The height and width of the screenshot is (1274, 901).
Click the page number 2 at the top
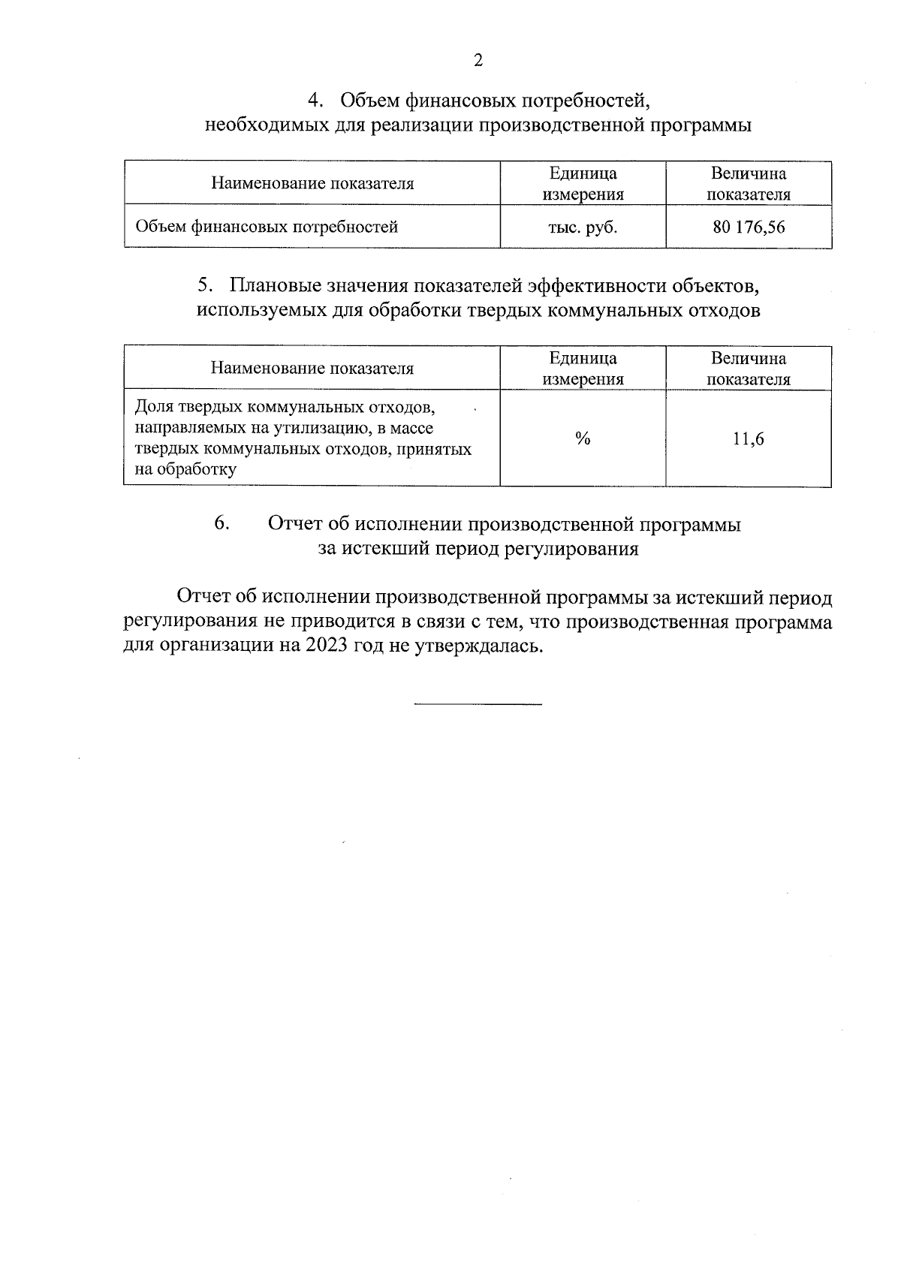pyautogui.click(x=478, y=61)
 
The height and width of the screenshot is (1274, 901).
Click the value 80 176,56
pyautogui.click(x=749, y=227)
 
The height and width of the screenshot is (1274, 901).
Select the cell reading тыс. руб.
pyautogui.click(x=583, y=227)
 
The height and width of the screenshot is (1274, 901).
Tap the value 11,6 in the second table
pyautogui.click(x=749, y=439)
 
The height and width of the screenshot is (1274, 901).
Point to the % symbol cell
pyautogui.click(x=583, y=439)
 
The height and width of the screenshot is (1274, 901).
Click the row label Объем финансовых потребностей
pyautogui.click(x=267, y=227)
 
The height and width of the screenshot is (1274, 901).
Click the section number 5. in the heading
pyautogui.click(x=204, y=286)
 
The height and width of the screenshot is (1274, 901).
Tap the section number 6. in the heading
pyautogui.click(x=221, y=524)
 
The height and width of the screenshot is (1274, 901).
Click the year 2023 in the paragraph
pyautogui.click(x=326, y=646)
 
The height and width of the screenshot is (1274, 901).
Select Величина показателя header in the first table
pyautogui.click(x=749, y=184)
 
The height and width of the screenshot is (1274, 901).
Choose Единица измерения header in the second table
pyautogui.click(x=583, y=369)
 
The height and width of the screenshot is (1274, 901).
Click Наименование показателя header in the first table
pyautogui.click(x=312, y=184)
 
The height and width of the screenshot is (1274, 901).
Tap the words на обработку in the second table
pyautogui.click(x=185, y=471)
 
